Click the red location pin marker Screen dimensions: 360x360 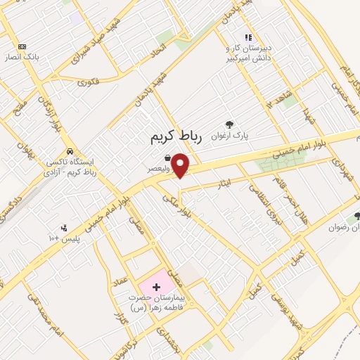(180, 165)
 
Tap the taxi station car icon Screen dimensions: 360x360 (70, 151)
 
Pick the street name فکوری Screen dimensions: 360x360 (89, 83)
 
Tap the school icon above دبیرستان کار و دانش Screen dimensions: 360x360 (247, 37)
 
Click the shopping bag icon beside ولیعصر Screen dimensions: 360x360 (167, 158)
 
